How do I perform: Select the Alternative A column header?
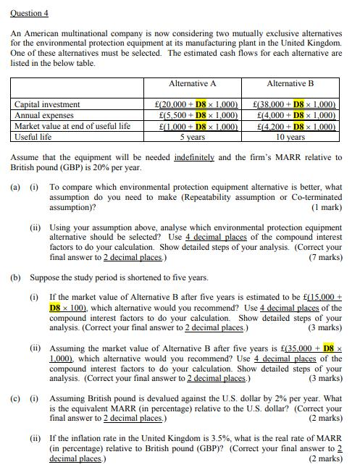tap(192, 84)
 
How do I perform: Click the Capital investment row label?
tap(47, 105)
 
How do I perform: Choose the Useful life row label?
tap(33, 136)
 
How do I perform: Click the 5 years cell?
tap(192, 136)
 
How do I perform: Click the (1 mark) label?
tap(327, 207)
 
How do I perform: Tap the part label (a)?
tap(15, 187)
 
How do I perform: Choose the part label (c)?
tap(15, 398)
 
